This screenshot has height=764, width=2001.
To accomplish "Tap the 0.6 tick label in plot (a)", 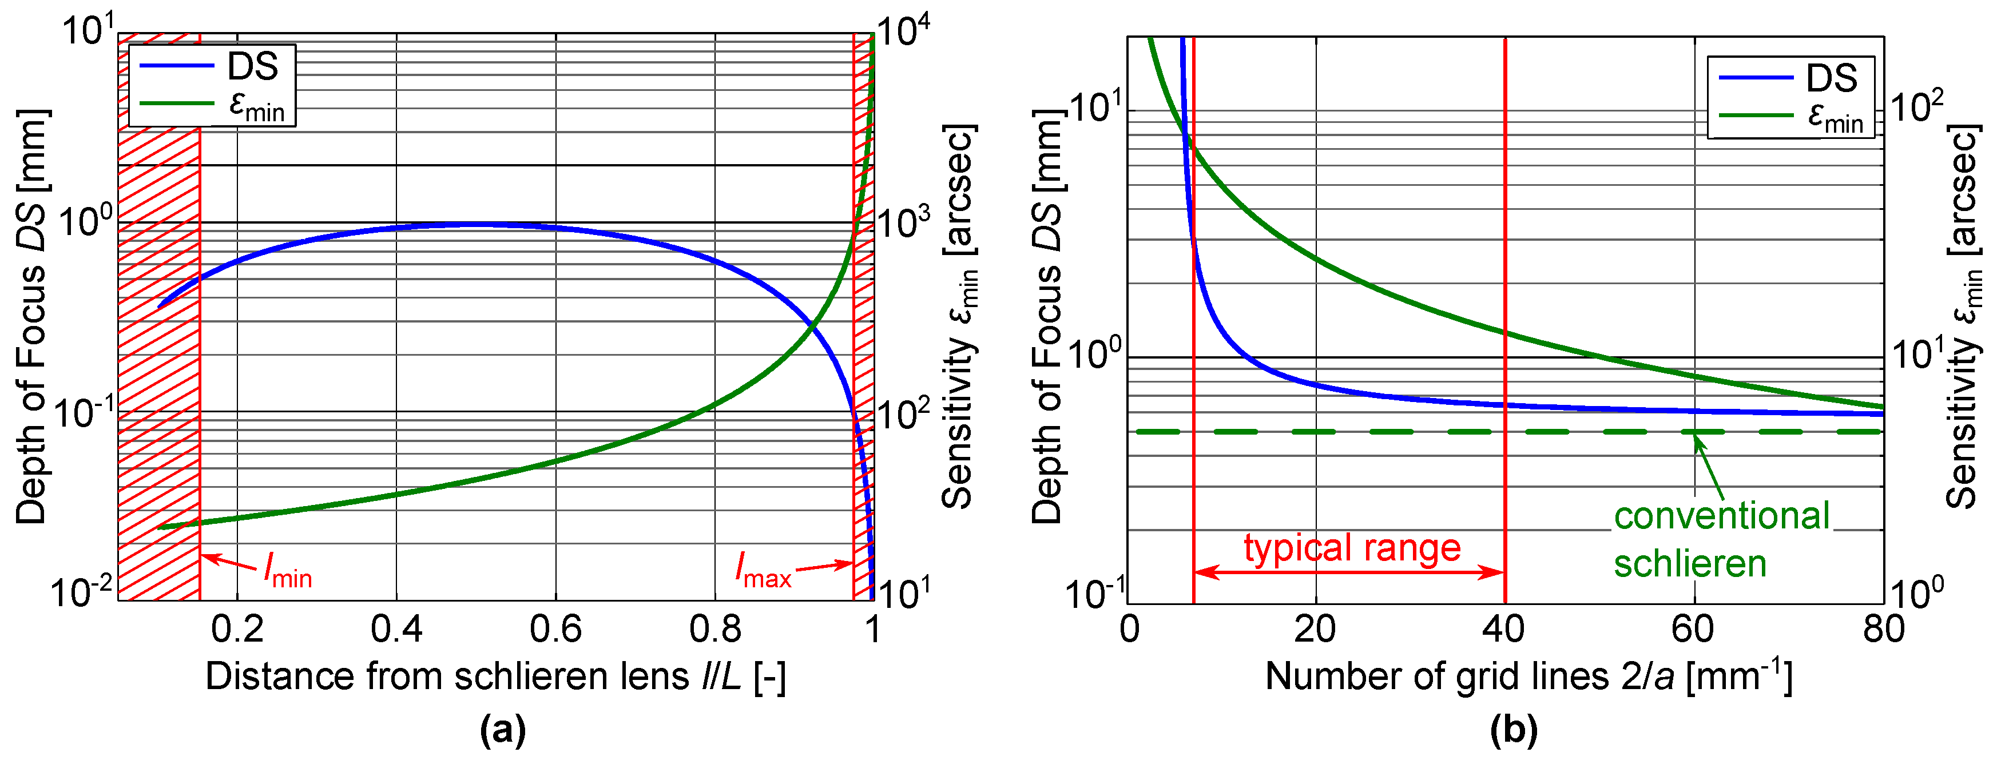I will pos(555,629).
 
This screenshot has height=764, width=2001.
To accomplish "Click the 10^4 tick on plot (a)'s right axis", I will pos(903,33).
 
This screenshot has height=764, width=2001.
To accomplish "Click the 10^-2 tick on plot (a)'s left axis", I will pos(82,592).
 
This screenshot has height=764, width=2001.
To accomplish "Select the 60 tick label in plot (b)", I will pos(1693,629).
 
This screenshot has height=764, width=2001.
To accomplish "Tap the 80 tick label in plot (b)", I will pos(1883,629).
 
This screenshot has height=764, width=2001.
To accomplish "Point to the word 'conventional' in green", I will pos(1721,516).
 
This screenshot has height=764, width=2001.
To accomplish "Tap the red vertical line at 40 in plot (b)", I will pos(1506,233).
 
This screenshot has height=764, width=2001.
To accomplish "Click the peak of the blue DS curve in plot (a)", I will pos(474,224).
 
